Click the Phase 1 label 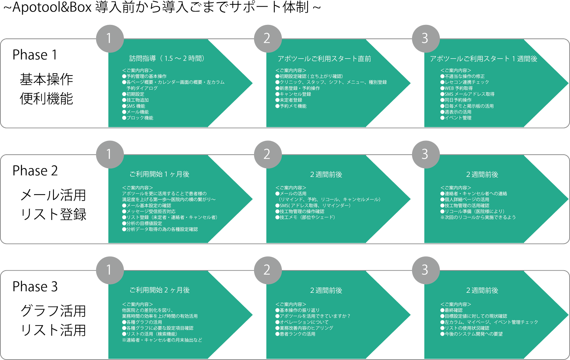35,55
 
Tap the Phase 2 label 35,171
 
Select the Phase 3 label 35,287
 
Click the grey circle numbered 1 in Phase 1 110,38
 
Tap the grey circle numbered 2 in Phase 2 267,154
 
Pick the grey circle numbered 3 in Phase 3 425,270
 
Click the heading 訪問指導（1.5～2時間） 167,59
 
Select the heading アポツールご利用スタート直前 324,59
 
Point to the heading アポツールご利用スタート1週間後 483,59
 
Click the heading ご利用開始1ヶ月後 159,174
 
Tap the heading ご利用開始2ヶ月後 159,290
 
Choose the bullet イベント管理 458,118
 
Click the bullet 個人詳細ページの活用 467,200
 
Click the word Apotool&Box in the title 52,8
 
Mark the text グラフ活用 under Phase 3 53,311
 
